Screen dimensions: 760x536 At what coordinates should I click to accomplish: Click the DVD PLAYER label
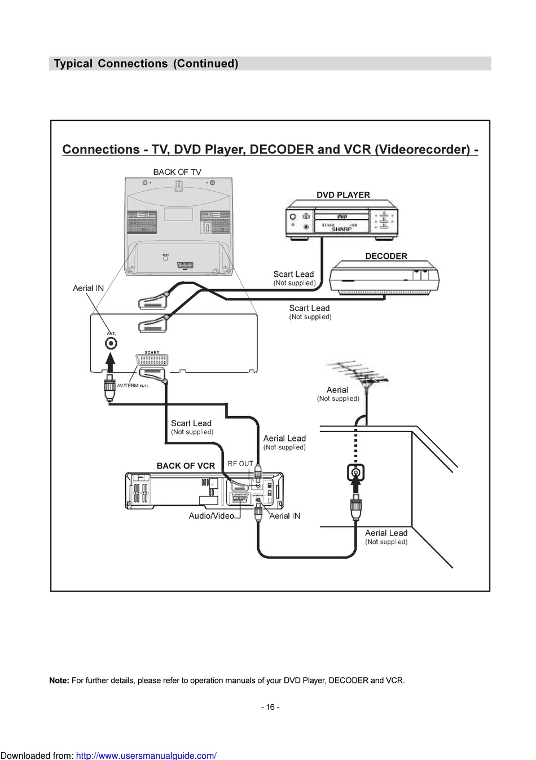click(x=343, y=195)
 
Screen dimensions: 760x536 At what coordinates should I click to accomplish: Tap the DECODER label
click(x=386, y=256)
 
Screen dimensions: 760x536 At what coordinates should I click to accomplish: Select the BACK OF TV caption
click(x=177, y=172)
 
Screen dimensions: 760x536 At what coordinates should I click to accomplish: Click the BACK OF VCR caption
click(x=186, y=466)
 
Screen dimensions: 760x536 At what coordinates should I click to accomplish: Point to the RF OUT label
click(x=240, y=464)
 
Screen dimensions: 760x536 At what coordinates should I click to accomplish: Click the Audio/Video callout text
click(x=211, y=516)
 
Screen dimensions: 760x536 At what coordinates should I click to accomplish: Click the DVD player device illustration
click(x=342, y=220)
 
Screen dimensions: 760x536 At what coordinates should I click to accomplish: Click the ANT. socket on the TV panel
click(x=112, y=343)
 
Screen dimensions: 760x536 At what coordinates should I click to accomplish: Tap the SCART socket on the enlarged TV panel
click(x=152, y=361)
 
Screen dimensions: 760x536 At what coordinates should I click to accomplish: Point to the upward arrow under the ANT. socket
click(x=111, y=363)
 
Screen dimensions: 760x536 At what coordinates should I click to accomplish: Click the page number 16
click(x=270, y=707)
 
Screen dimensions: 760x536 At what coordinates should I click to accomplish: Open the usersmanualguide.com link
click(x=146, y=755)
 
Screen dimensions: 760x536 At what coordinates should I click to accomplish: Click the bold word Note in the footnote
click(x=59, y=681)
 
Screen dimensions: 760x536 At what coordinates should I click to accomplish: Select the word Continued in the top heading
click(x=206, y=64)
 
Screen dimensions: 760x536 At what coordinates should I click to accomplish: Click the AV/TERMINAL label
click(x=133, y=386)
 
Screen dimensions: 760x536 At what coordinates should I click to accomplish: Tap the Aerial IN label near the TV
click(x=88, y=288)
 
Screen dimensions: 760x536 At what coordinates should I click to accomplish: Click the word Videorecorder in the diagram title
click(x=422, y=150)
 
